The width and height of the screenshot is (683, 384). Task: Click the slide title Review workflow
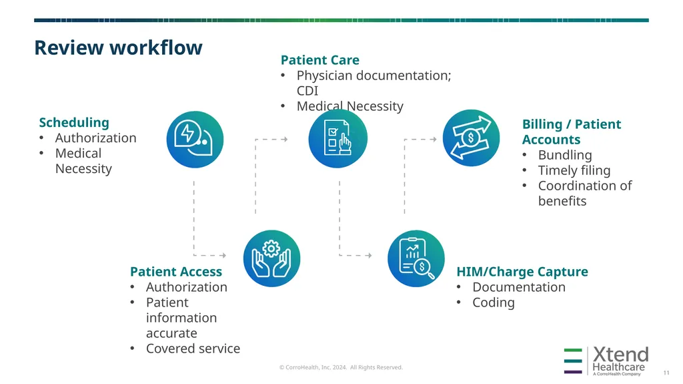(119, 47)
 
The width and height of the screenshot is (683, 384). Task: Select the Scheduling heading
(74, 123)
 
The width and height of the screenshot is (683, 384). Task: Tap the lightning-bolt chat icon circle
(195, 139)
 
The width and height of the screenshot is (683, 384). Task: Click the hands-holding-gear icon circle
(272, 258)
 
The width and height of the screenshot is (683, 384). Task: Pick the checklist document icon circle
(337, 138)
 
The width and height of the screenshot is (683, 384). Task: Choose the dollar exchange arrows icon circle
(471, 138)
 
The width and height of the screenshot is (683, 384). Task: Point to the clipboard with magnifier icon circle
(416, 258)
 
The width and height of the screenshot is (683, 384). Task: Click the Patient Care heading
(320, 60)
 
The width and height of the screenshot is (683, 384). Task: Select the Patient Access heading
(176, 271)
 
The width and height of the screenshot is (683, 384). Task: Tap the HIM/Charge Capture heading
(522, 271)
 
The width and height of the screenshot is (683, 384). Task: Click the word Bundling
(565, 155)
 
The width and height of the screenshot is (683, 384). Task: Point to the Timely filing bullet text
(574, 170)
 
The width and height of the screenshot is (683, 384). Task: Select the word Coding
(494, 303)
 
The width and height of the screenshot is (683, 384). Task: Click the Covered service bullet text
(193, 348)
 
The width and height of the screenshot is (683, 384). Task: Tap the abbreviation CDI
(307, 91)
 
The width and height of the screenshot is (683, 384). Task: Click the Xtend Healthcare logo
(606, 361)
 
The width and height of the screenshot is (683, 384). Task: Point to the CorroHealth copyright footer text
(341, 367)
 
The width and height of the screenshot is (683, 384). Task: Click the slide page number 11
(666, 373)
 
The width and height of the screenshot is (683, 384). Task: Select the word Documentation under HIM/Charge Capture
(519, 287)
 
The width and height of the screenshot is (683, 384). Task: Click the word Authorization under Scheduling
(96, 138)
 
